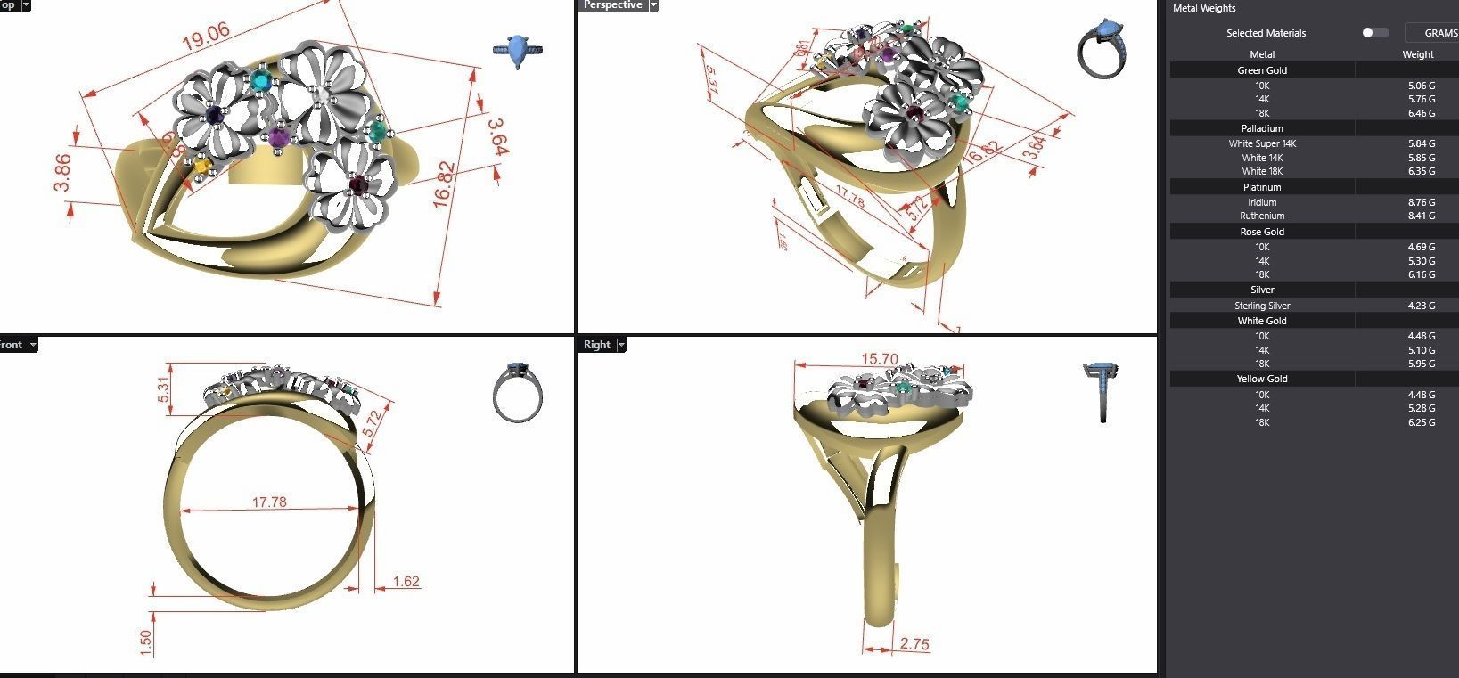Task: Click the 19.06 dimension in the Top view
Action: point(206,36)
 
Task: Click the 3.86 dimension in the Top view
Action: point(62,173)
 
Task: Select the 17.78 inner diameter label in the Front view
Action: point(269,502)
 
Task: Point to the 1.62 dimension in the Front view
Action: point(406,582)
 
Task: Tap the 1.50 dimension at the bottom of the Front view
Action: point(146,641)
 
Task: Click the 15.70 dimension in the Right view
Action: point(879,359)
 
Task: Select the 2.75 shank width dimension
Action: point(914,644)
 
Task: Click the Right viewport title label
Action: point(597,345)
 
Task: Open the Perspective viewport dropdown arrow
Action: point(653,5)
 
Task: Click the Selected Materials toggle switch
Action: point(1374,33)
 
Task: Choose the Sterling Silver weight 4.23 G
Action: point(1421,306)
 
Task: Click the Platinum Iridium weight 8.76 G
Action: point(1421,202)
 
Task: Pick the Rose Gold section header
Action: point(1262,232)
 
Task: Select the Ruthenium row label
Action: point(1262,216)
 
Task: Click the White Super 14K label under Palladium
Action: point(1262,143)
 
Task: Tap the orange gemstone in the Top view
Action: point(202,165)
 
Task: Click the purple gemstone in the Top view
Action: point(280,136)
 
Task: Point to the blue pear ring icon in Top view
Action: point(518,51)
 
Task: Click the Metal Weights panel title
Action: point(1203,8)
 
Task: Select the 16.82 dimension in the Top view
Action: point(445,185)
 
